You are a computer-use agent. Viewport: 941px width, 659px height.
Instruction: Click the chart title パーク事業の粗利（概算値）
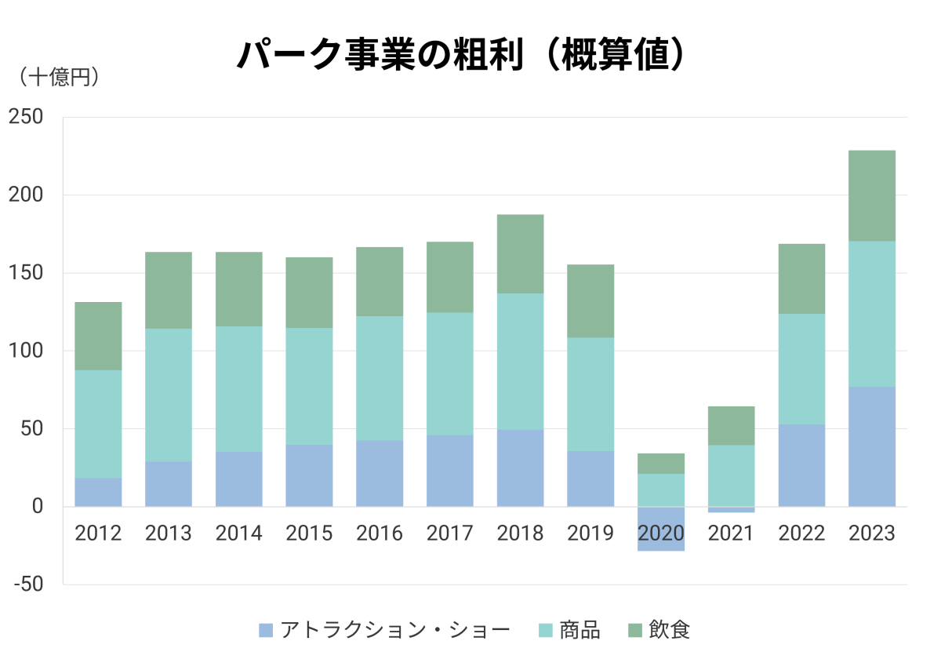(x=463, y=56)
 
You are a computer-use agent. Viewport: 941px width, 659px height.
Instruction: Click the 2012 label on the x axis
(x=98, y=534)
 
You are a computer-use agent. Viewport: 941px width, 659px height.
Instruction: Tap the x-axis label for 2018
(x=520, y=534)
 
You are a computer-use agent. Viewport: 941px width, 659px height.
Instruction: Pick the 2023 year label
(x=872, y=534)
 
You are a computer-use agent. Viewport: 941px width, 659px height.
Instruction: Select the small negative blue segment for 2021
(x=731, y=510)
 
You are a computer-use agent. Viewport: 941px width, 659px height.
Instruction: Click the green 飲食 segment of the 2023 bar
(x=872, y=195)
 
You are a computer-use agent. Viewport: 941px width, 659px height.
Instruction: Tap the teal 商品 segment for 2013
(x=169, y=395)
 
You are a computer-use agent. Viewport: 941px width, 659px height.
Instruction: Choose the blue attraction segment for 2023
(x=872, y=446)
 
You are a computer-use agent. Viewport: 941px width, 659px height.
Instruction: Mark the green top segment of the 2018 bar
(x=520, y=253)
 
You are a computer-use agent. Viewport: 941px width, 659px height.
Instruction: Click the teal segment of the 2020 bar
(x=661, y=490)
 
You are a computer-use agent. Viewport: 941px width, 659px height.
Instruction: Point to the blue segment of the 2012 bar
(x=98, y=492)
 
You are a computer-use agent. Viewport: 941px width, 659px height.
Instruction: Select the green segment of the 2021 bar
(x=731, y=425)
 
